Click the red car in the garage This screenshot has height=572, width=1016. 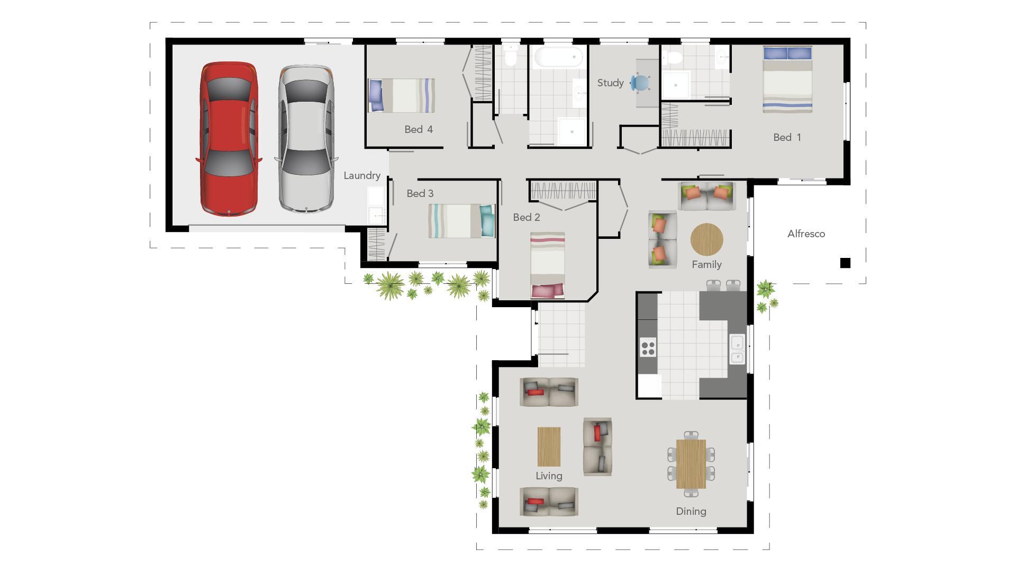[x=229, y=139]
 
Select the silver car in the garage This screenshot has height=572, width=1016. [x=306, y=139]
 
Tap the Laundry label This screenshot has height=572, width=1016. [x=362, y=175]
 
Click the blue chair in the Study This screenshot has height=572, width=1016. [x=640, y=83]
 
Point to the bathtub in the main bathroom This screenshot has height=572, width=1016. [x=558, y=57]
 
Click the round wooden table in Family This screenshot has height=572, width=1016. [x=706, y=239]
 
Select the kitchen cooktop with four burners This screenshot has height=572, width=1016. [x=648, y=347]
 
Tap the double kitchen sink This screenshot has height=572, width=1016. [x=737, y=350]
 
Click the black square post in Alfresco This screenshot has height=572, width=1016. [x=845, y=263]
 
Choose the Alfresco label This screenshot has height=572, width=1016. [x=806, y=234]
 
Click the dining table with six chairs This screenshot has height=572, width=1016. [x=691, y=464]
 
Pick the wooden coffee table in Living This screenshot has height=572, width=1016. [x=549, y=446]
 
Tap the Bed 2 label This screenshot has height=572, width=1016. [x=527, y=217]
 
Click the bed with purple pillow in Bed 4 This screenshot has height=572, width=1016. [x=401, y=95]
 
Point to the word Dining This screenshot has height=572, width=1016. [x=691, y=511]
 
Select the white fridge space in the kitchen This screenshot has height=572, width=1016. [x=649, y=385]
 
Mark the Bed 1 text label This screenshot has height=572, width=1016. [x=787, y=137]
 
